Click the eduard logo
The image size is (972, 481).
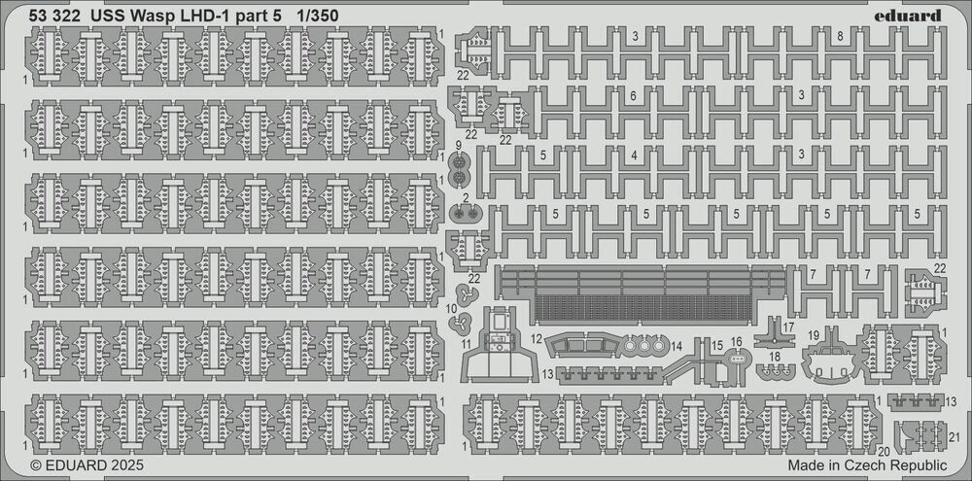(908, 16)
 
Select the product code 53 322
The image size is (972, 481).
(54, 17)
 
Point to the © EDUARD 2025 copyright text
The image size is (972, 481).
(87, 464)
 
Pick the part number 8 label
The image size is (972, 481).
(840, 36)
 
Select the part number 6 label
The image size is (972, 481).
(633, 96)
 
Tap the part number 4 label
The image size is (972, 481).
(634, 156)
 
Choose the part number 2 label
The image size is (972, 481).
(465, 198)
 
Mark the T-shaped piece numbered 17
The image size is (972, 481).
(774, 331)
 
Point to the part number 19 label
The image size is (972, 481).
(814, 335)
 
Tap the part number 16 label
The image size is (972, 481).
(737, 341)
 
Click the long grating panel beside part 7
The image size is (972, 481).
(642, 295)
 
